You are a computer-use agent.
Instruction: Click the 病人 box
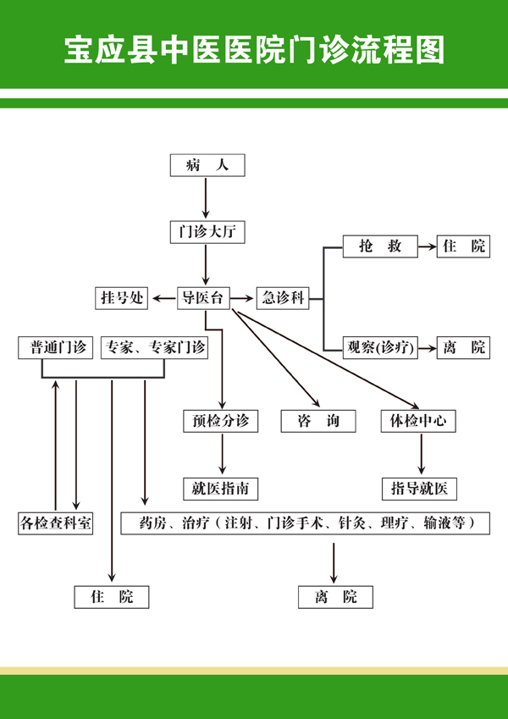click(207, 165)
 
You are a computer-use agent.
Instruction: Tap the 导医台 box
click(203, 297)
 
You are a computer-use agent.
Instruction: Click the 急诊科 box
click(282, 297)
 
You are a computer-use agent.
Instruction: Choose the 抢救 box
click(379, 246)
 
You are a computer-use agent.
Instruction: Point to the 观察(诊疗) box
click(379, 347)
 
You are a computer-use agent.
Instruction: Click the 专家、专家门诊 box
click(153, 347)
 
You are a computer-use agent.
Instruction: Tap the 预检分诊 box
click(220, 420)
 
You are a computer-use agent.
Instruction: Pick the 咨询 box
click(317, 420)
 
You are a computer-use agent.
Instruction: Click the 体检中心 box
click(418, 420)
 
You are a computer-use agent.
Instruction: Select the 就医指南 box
click(220, 488)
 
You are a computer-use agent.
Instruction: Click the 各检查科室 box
click(56, 523)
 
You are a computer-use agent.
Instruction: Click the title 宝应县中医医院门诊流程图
click(254, 50)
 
